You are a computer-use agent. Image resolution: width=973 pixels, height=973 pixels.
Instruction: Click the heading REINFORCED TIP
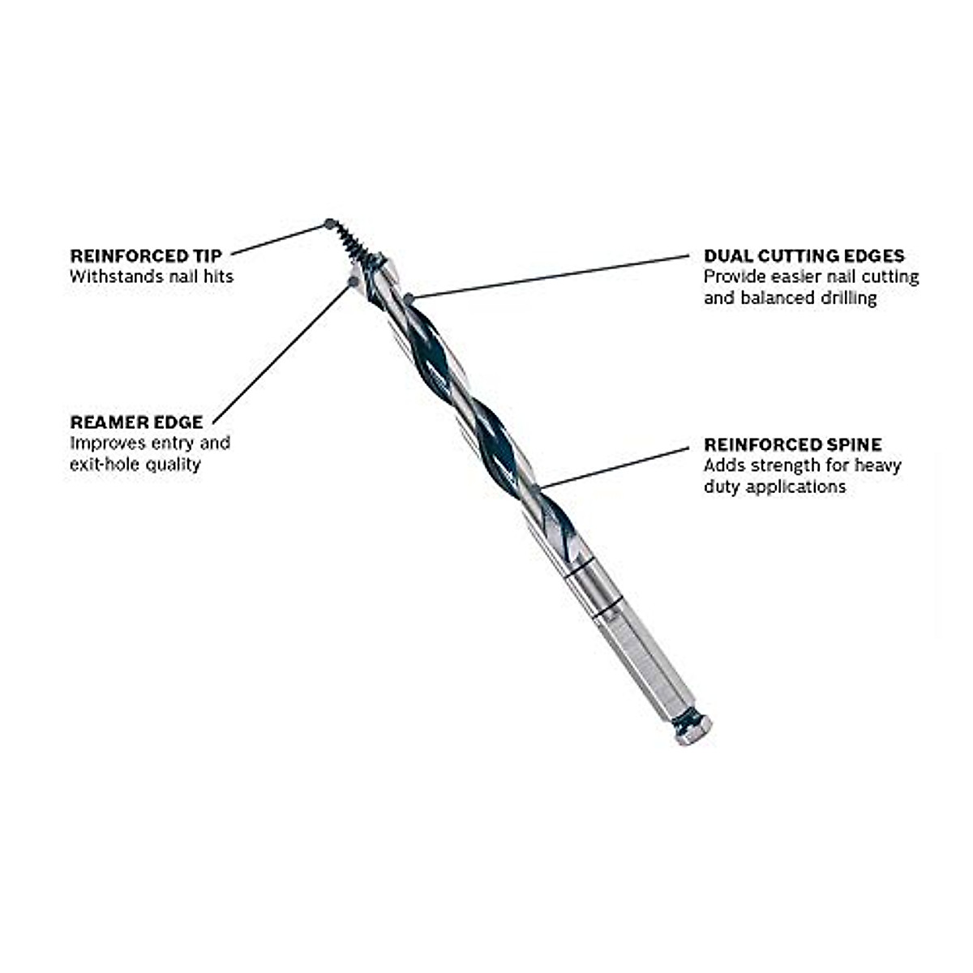(145, 255)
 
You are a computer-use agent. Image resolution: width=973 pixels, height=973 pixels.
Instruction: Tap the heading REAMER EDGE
(136, 422)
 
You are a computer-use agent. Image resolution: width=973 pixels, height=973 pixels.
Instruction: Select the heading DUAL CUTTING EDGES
(804, 256)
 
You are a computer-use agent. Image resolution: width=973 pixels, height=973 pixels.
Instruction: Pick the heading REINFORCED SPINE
(792, 444)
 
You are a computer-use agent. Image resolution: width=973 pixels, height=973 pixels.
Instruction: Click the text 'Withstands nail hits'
(151, 276)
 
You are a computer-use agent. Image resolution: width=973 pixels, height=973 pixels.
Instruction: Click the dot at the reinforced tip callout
(329, 223)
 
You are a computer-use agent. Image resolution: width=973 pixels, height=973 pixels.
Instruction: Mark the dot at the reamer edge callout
(353, 281)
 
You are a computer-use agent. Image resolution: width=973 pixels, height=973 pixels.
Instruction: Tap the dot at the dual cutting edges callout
(409, 298)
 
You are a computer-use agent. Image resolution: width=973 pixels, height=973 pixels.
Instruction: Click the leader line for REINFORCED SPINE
(616, 466)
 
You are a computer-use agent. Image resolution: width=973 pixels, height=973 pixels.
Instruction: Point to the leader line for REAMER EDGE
(284, 350)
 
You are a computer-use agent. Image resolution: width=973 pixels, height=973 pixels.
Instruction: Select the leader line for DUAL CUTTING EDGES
(551, 277)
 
